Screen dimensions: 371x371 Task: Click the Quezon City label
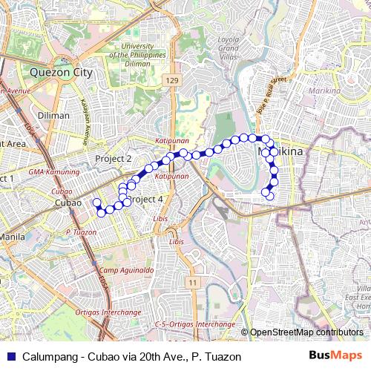(62, 73)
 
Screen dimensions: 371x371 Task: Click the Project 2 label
(114, 159)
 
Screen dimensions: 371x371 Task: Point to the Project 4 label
(145, 200)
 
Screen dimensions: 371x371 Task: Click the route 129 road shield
(172, 79)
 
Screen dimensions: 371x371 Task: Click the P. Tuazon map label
(82, 232)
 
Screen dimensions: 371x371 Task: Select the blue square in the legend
(10, 356)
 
